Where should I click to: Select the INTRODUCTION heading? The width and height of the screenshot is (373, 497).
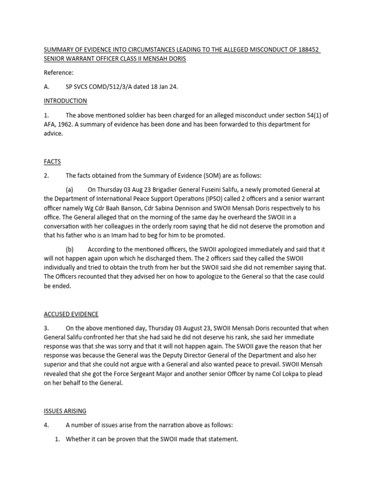66,101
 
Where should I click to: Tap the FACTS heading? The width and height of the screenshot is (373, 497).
52,162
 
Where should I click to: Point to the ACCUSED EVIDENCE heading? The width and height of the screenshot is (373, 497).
71,314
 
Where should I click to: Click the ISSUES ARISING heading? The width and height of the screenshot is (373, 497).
65,411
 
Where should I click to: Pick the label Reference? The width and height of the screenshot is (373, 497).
59,73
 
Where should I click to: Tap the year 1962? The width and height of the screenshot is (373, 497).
70,124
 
